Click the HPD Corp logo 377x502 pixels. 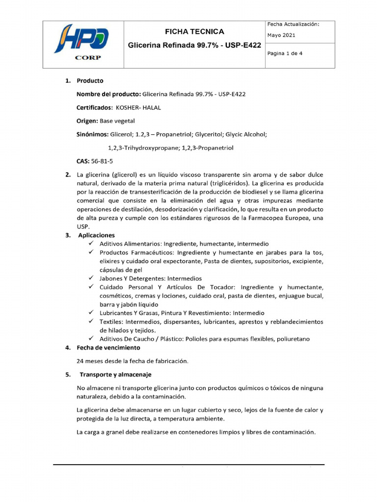pos(82,43)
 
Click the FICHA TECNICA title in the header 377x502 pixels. pos(194,32)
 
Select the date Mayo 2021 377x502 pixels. pos(282,35)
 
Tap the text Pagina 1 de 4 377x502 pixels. pos(285,54)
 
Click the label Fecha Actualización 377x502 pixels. pos(293,24)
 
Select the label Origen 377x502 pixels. pos(87,121)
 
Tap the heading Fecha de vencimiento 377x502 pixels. pos(108,348)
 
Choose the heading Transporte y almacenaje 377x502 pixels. pos(115,375)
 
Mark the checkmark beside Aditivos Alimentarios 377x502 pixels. pos(91,244)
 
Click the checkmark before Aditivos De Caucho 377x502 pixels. pos(91,339)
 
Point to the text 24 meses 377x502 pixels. pos(92,361)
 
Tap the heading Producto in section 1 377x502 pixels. pos(90,81)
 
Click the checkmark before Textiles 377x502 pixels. pos(91,322)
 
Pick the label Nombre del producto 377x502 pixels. pos(108,94)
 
